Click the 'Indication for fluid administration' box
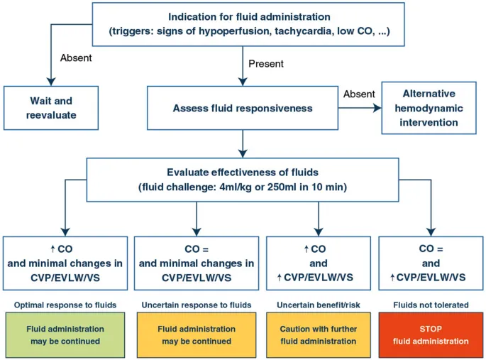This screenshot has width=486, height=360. pos(249,24)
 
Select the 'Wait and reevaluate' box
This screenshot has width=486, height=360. pos(51,108)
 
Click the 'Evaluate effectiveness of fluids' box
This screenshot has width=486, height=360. pos(243,179)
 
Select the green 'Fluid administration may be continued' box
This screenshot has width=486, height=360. pos(65,335)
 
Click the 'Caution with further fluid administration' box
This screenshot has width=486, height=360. pos(319,335)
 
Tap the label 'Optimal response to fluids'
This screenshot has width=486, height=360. pos(65,305)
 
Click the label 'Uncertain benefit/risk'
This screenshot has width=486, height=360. pos(319,305)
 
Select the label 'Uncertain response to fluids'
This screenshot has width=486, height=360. pos(197,305)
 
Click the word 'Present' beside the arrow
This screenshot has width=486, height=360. pos(266,64)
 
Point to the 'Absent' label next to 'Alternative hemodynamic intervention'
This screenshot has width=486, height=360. pos(359,94)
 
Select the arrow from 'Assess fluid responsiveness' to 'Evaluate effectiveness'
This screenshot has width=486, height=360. pos(243,144)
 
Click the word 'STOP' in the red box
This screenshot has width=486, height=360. pos(431,329)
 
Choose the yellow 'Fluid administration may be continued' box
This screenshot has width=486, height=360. pos(197,335)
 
